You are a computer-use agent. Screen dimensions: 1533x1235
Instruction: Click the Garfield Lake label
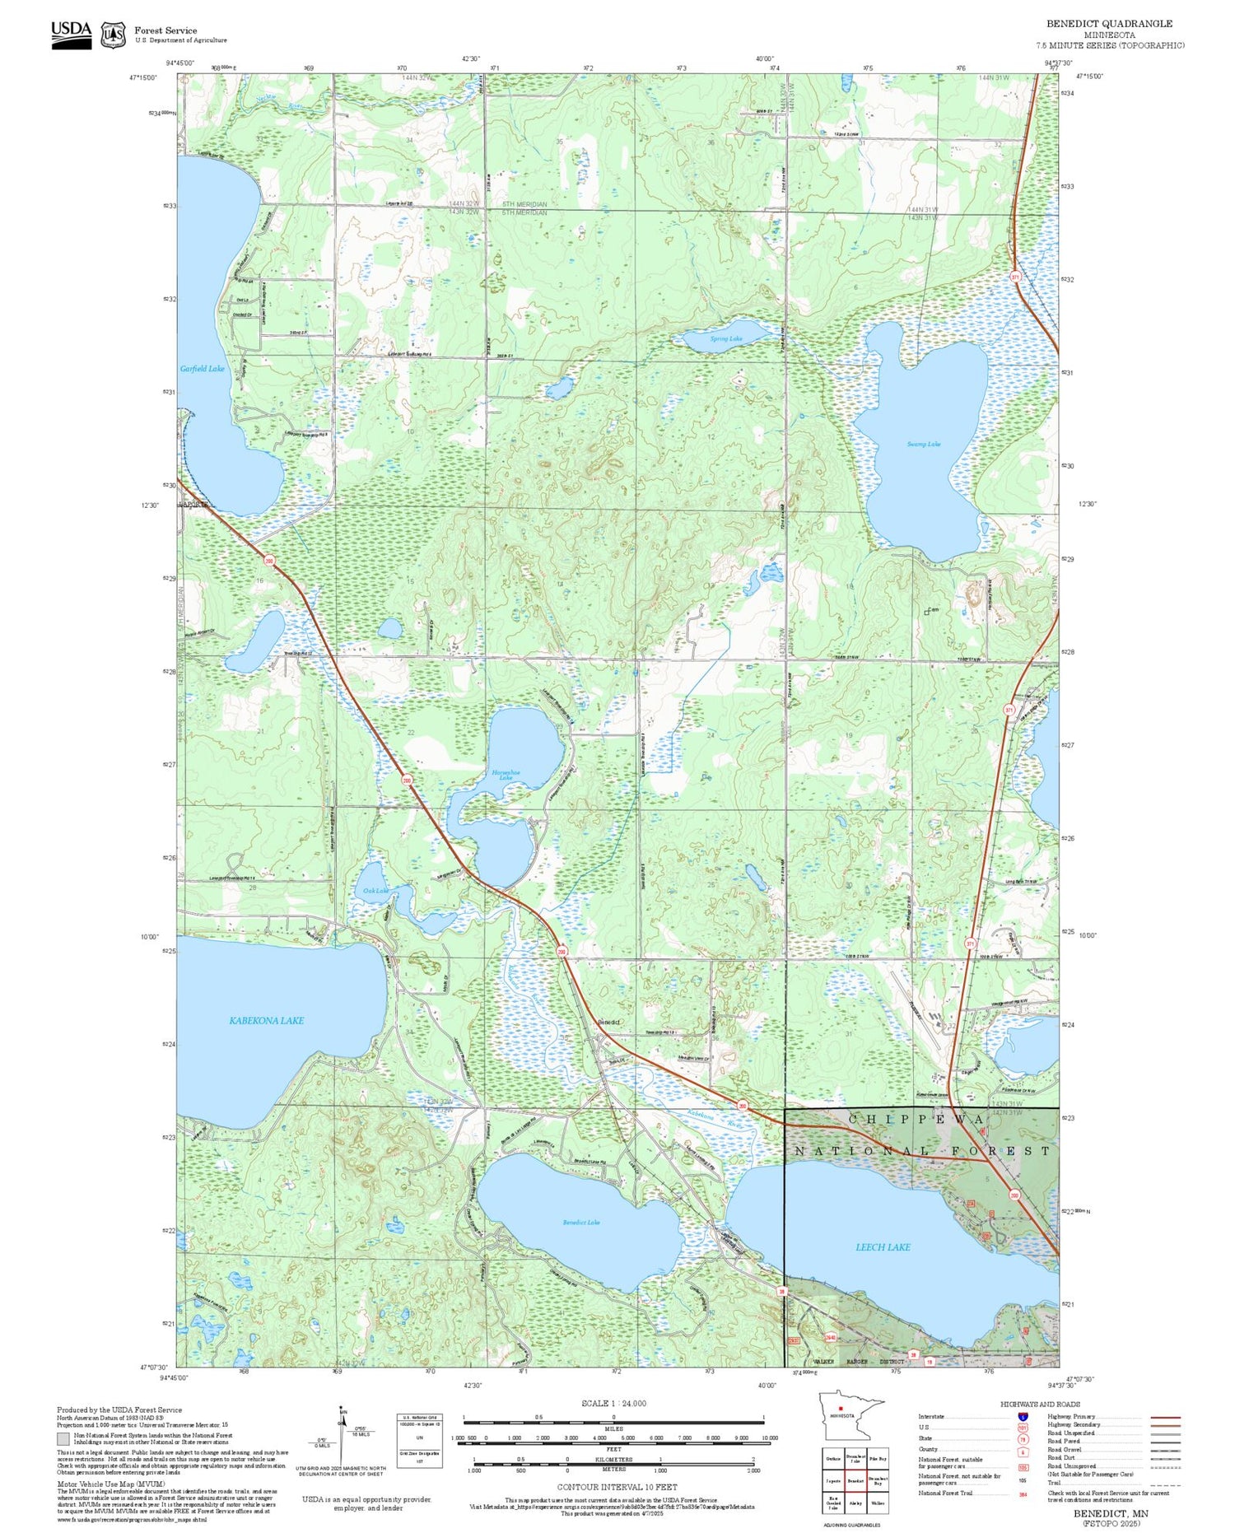point(202,369)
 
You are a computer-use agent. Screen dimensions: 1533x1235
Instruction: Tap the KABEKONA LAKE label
point(266,1020)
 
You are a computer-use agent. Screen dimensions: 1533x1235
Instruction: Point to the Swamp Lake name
point(923,445)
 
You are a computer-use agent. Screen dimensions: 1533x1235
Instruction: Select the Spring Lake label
point(725,338)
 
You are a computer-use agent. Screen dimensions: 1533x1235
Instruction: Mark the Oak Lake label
point(375,890)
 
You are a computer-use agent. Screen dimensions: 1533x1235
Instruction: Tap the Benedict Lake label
point(580,1222)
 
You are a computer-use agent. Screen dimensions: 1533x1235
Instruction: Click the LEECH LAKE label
point(883,1246)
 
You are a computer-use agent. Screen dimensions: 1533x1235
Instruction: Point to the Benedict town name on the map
point(608,1022)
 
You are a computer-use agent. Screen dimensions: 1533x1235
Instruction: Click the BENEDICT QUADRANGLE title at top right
point(1109,24)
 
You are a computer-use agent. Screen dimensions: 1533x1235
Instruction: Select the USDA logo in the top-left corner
point(72,34)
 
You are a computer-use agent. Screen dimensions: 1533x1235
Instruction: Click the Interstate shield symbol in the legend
point(1023,1416)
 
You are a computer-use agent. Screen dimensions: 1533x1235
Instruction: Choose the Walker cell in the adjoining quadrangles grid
point(878,1503)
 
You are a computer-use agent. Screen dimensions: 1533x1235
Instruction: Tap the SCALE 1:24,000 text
point(613,1403)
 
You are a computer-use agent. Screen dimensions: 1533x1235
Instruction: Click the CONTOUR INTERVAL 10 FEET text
point(617,1487)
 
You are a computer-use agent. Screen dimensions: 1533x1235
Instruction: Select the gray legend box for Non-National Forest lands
point(63,1439)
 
